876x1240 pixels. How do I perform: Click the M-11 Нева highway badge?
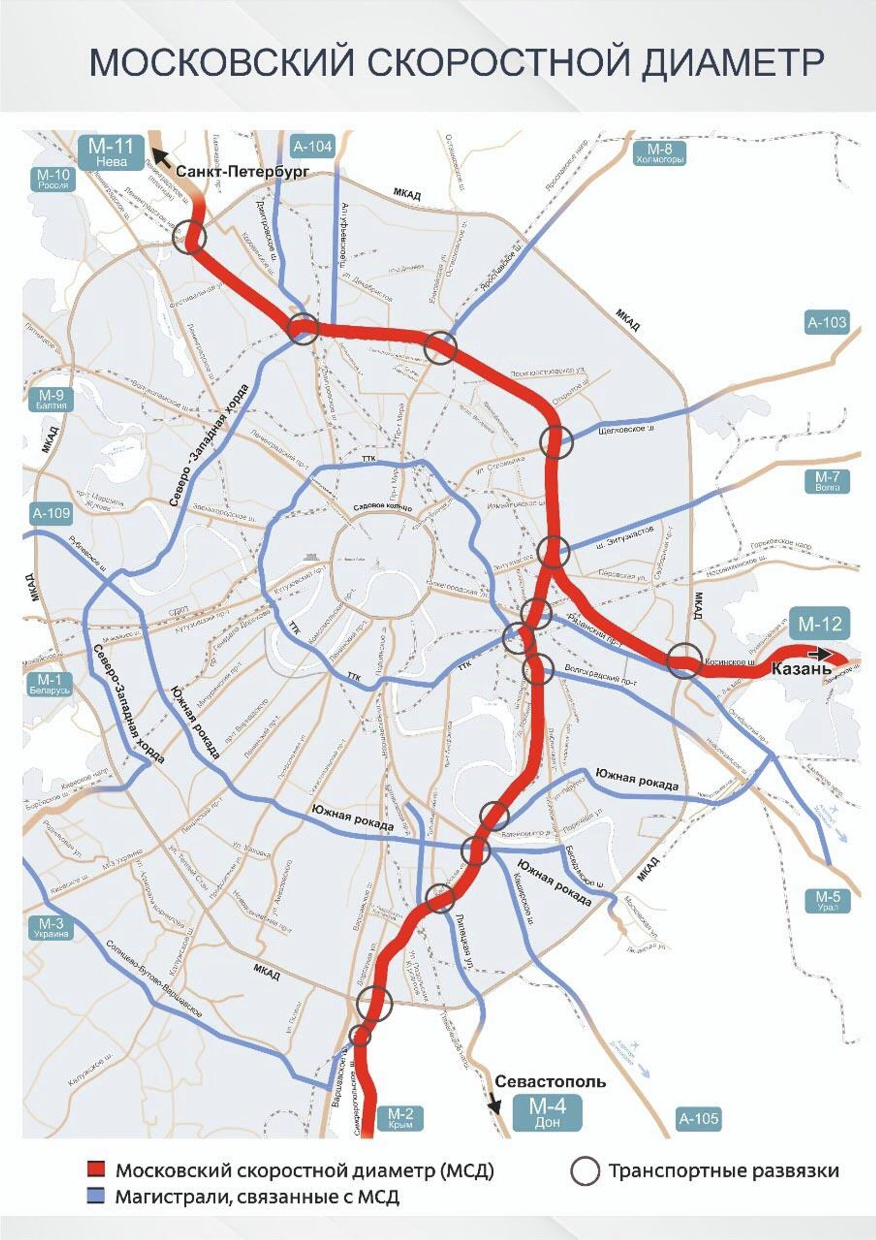pos(112,153)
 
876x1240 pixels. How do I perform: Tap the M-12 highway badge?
pos(820,624)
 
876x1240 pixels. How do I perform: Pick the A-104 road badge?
pos(313,146)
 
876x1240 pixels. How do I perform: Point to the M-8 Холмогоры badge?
pos(660,153)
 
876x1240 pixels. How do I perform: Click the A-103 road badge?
pos(827,322)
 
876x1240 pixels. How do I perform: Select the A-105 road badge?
pos(699,1118)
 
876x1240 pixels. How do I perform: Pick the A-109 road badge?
pos(51,513)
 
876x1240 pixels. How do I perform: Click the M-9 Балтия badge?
pos(51,399)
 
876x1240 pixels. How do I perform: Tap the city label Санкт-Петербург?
pos(242,172)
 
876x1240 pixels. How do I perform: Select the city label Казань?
pos(802,668)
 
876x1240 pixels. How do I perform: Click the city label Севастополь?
pos(550,1082)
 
